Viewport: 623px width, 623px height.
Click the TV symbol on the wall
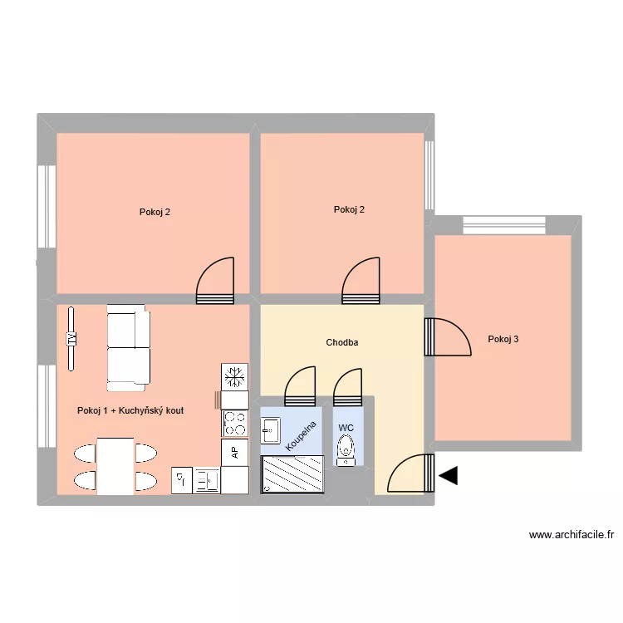[x=71, y=338]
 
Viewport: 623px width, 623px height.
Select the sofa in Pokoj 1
[x=128, y=347]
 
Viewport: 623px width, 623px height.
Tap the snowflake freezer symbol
[x=235, y=376]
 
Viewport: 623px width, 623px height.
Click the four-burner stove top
[x=235, y=424]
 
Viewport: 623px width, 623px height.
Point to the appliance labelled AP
[x=235, y=452]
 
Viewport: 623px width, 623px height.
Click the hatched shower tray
[x=292, y=475]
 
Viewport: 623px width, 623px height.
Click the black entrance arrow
[x=449, y=475]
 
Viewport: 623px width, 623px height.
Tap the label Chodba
[x=342, y=342]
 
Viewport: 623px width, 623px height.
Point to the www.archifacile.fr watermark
[x=571, y=535]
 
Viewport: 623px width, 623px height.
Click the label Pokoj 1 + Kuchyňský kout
[x=130, y=410]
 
